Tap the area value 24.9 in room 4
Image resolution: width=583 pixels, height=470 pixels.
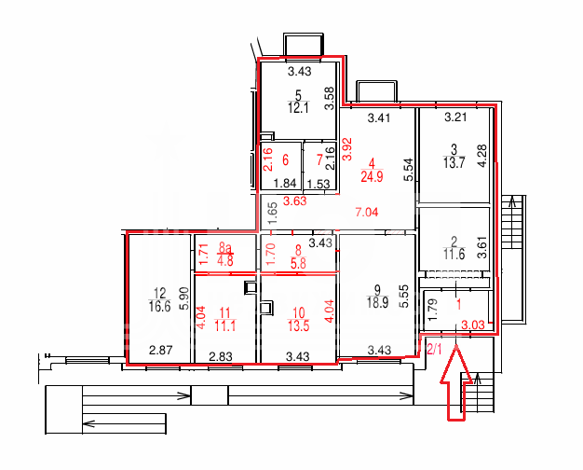(x=372, y=176)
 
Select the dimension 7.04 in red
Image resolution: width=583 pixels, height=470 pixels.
(x=367, y=212)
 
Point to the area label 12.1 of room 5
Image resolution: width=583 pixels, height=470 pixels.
(x=299, y=108)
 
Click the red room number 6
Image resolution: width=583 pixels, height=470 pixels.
(x=286, y=160)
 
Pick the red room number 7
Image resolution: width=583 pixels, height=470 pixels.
(x=319, y=160)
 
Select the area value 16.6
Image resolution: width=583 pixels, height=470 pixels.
(x=159, y=307)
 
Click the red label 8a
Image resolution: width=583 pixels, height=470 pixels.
(x=225, y=247)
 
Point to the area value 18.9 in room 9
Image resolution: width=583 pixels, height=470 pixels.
(x=378, y=302)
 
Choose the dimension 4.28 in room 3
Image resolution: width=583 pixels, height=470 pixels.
(x=481, y=156)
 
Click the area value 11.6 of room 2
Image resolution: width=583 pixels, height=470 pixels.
(x=454, y=255)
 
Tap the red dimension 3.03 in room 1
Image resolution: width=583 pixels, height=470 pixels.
(x=473, y=325)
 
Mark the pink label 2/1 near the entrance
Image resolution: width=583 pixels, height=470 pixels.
(x=434, y=350)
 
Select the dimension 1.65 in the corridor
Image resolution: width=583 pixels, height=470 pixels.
(x=273, y=213)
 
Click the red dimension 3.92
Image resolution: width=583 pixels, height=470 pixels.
(x=347, y=149)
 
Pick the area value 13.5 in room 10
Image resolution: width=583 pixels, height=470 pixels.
(x=299, y=325)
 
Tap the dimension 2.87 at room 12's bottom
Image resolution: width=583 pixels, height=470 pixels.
(x=160, y=350)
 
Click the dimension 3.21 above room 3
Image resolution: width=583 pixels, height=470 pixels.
(x=455, y=117)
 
